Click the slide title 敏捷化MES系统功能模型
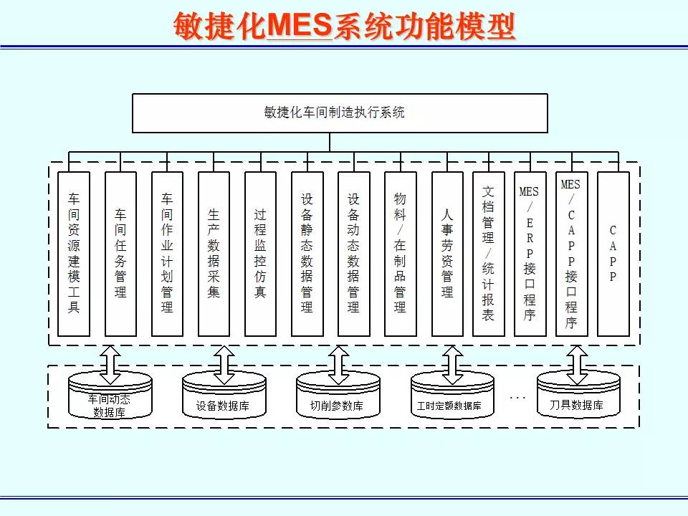point(344,27)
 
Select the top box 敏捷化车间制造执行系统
point(340,113)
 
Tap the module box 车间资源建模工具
point(74,254)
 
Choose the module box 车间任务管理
point(120,254)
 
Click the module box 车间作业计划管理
point(167,254)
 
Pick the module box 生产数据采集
point(214,254)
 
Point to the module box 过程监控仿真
point(260,254)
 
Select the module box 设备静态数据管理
point(307,254)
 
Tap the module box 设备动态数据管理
point(353,254)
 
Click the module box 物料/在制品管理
point(400,254)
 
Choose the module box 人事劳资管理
point(447,254)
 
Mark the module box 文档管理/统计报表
point(489,254)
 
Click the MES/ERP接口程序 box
point(530,254)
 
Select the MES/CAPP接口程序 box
point(571,254)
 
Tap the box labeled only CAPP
point(613,254)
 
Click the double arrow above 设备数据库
point(224,364)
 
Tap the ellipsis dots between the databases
point(517,396)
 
